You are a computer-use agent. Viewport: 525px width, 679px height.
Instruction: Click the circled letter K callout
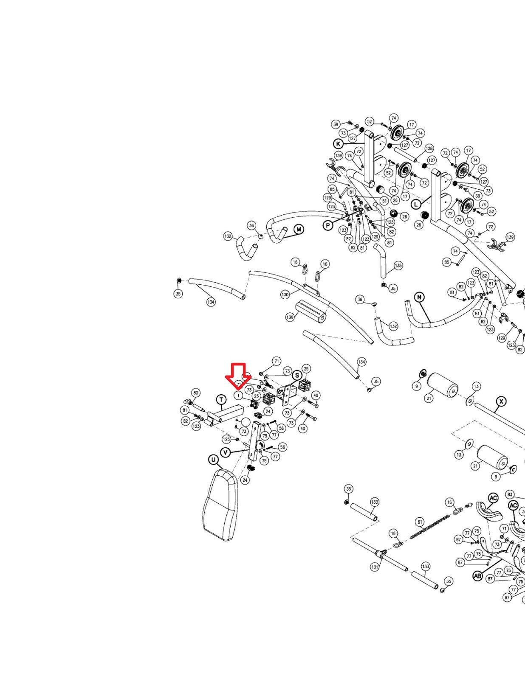(338, 143)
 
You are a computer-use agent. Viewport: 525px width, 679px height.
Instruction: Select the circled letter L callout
(416, 204)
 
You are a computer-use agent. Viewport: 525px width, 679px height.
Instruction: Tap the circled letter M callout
(299, 230)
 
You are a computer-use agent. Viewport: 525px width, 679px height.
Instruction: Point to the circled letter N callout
(420, 297)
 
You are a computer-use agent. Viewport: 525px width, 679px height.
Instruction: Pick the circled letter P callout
(328, 225)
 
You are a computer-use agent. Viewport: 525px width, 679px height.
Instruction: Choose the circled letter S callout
(297, 375)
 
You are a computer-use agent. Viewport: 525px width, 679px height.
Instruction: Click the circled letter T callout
(221, 399)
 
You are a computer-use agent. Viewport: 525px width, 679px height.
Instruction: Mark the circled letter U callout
(213, 460)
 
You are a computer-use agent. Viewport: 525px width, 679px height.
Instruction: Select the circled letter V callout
(226, 452)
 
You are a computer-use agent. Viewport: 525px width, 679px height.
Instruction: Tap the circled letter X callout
(502, 401)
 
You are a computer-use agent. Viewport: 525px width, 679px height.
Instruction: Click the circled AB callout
(478, 576)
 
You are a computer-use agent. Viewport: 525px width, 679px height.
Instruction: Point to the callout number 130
(285, 295)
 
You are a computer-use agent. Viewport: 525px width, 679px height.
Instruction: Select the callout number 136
(290, 317)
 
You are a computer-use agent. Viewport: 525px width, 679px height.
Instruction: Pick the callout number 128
(429, 149)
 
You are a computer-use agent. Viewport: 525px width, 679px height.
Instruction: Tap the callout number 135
(398, 266)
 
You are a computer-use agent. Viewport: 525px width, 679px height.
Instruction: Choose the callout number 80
(195, 393)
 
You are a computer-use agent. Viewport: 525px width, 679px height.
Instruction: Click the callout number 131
(375, 567)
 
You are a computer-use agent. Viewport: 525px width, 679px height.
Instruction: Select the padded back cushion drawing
(221, 505)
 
